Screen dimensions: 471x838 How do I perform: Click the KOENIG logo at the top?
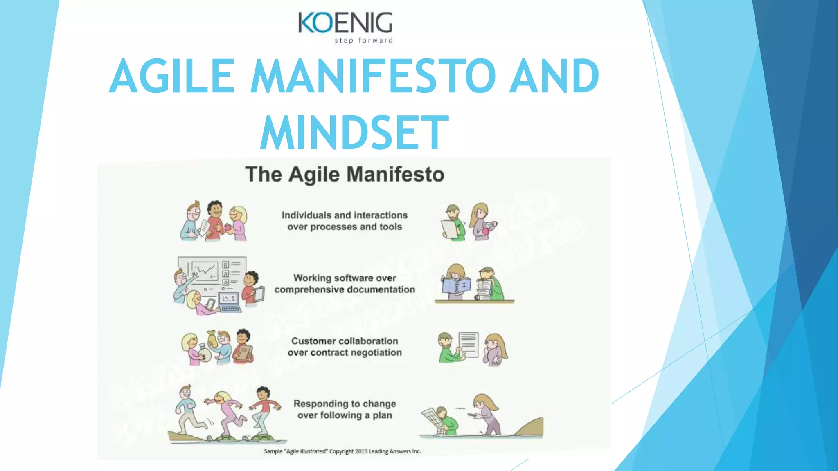[345, 23]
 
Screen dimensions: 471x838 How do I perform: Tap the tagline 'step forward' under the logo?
[363, 40]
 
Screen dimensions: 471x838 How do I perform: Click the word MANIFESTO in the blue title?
[373, 76]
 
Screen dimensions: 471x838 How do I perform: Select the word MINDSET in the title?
[354, 132]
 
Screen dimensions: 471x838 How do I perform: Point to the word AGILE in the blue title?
[172, 76]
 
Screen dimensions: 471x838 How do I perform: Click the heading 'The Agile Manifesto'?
[345, 174]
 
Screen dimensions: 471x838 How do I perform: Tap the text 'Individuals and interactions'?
[345, 215]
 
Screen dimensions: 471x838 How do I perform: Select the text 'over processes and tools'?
[345, 227]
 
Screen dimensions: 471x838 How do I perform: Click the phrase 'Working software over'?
[345, 278]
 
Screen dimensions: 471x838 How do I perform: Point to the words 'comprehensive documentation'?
[345, 289]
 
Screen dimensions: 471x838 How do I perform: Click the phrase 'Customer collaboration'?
[345, 341]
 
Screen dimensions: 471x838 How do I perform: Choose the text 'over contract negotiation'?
[345, 352]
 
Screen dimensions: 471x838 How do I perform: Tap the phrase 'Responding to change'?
[345, 404]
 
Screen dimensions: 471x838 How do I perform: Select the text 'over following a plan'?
[345, 415]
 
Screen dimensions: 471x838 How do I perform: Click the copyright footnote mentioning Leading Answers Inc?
[342, 451]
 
